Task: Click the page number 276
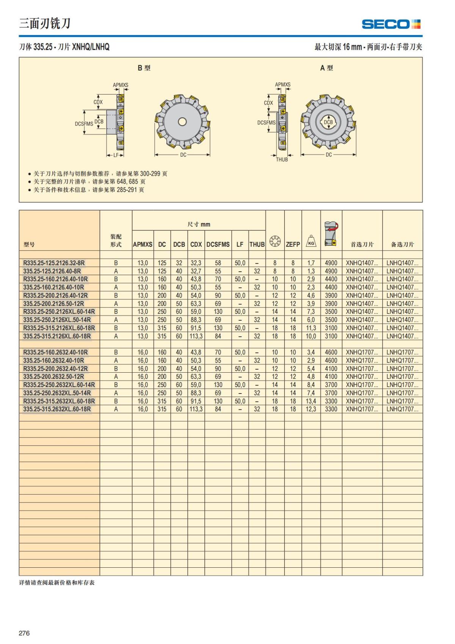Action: point(24,633)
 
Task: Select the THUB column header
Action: point(257,244)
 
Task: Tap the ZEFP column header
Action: point(293,244)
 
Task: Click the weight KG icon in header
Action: point(311,242)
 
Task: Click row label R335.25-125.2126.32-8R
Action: point(54,263)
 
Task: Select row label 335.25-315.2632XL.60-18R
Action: point(57,409)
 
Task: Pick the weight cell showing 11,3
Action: point(311,328)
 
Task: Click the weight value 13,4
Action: point(311,401)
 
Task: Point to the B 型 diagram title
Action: point(144,68)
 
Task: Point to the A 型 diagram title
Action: point(326,68)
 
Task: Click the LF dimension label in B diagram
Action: point(116,155)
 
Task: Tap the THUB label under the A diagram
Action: point(282,159)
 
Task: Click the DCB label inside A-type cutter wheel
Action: point(328,122)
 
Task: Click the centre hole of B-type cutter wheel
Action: point(182,121)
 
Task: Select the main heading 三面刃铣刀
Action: point(45,24)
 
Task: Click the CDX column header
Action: point(196,244)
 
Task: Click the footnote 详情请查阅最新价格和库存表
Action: point(57,583)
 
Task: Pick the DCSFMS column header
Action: point(218,244)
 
